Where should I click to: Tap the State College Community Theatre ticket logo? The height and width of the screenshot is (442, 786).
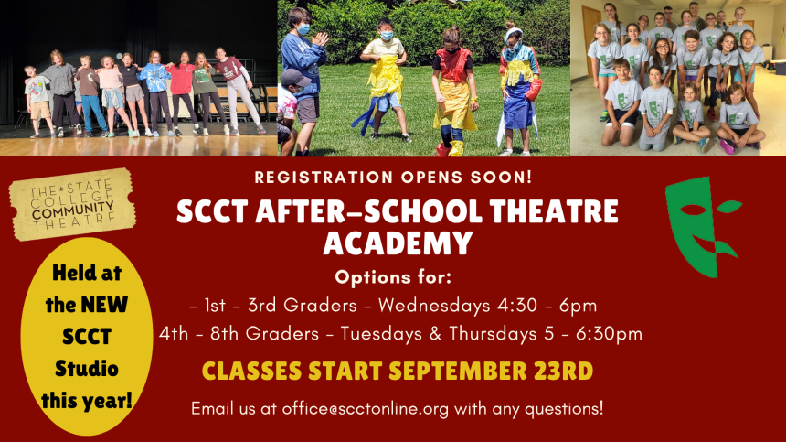[x=72, y=205]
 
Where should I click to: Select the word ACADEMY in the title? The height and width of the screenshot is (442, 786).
[x=398, y=243]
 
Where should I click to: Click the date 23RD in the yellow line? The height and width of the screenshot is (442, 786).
[x=563, y=372]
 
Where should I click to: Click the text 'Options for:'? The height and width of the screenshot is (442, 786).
[x=393, y=276]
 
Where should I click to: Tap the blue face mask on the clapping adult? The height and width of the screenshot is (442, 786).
[x=303, y=28]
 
